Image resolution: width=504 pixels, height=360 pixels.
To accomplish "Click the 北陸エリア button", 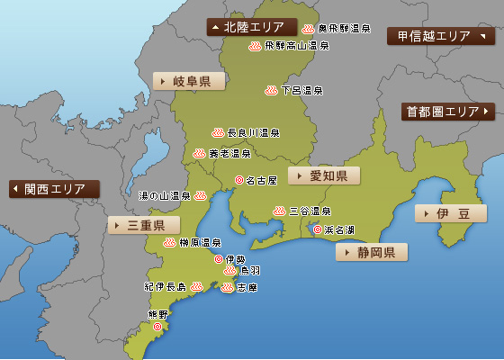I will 252,27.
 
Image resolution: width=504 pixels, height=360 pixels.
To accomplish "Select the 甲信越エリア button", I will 440,36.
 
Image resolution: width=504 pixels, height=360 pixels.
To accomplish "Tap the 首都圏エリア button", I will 447,112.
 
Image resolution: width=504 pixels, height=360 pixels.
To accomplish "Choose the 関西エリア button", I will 55,189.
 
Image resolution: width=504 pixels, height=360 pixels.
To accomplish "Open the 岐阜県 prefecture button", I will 189,81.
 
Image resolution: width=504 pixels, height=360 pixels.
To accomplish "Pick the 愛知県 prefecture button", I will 324,175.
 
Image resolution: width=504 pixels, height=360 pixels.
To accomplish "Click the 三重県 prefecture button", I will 144,225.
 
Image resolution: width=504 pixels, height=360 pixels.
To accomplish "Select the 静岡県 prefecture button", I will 372,252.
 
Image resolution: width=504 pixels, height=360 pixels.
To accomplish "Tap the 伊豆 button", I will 451,213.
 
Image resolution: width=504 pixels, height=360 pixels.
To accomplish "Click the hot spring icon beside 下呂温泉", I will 270,90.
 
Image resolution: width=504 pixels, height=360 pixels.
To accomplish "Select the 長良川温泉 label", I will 253,133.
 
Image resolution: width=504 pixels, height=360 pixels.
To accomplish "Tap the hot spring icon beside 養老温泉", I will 199,153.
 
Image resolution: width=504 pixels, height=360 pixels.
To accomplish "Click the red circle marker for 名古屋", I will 238,179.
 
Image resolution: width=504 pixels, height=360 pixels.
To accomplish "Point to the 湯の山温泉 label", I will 165,195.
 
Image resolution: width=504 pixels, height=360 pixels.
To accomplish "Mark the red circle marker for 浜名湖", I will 317,229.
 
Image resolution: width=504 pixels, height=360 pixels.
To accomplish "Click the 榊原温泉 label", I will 200,242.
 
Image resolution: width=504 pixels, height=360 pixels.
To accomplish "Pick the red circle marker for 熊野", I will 157,327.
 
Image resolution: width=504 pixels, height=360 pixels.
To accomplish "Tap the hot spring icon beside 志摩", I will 227,288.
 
